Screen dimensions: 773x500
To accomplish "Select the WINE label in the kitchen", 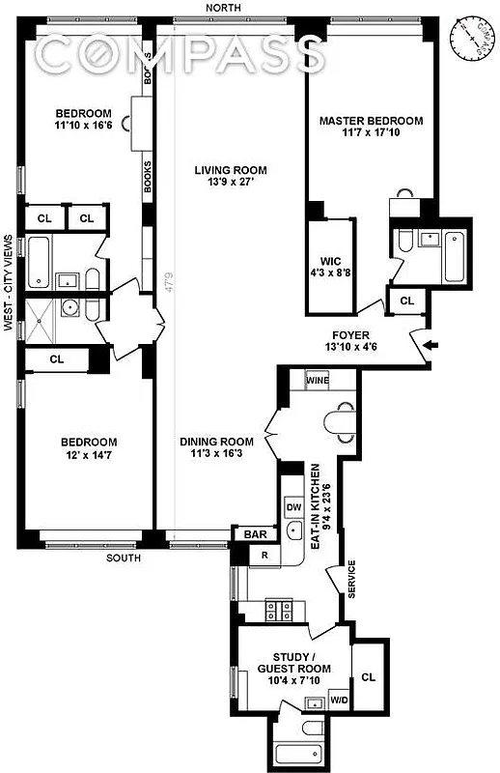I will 318,380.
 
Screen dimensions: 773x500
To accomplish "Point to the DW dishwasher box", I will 294,505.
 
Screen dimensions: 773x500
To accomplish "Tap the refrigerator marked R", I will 264,555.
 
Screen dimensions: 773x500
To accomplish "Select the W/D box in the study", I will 339,701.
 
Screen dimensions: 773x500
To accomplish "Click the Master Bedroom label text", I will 371,121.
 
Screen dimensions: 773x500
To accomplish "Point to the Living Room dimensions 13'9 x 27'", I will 230,184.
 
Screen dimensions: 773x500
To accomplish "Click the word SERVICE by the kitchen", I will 352,580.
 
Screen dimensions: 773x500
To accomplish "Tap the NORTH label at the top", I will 230,8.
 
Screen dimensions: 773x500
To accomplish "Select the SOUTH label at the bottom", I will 123,558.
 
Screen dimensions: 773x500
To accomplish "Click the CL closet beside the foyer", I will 406,301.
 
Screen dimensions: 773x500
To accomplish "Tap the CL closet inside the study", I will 368,677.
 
